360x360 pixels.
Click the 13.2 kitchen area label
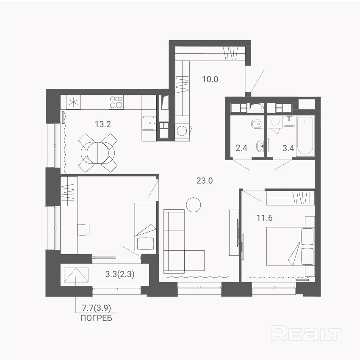pos(103,125)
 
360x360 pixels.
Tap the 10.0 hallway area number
pos(210,79)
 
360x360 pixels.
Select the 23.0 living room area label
pos(205,181)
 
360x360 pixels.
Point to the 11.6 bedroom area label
pos(264,218)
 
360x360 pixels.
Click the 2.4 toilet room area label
pos(241,148)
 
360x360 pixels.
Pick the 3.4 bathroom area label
pos(288,148)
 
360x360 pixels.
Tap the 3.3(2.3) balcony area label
pos(120,274)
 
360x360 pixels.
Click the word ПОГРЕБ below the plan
pos(96,318)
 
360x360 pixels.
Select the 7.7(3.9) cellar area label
pos(97,308)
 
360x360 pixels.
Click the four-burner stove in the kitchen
pos(116,102)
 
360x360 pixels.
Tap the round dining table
pos(98,153)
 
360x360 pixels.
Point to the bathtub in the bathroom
pos(305,136)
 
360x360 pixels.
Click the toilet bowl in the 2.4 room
pos(257,125)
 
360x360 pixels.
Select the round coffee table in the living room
pos(193,205)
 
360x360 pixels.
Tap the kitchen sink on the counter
pos(149,123)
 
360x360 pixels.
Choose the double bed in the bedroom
pos(290,246)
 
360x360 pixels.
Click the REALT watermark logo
pos(306,333)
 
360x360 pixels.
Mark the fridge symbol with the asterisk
pos(73,102)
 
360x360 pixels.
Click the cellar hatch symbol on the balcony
pos(76,275)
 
